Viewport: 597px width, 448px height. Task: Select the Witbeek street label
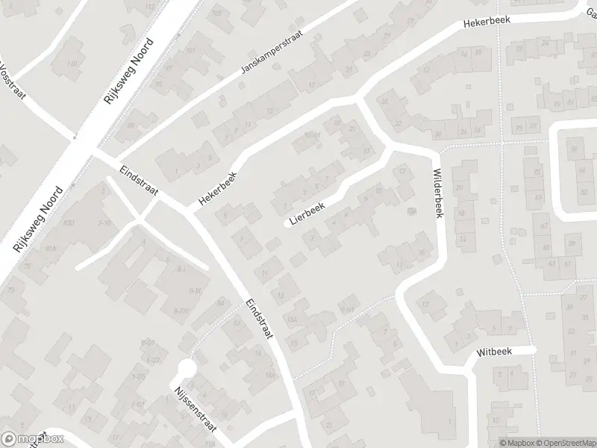point(493,351)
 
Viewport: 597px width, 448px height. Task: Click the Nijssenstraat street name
point(193,410)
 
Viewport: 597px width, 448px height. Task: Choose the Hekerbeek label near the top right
point(486,22)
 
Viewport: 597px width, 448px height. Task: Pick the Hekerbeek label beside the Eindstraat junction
point(216,187)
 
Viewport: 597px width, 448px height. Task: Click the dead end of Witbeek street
point(534,349)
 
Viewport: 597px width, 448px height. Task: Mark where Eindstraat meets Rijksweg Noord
point(92,153)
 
